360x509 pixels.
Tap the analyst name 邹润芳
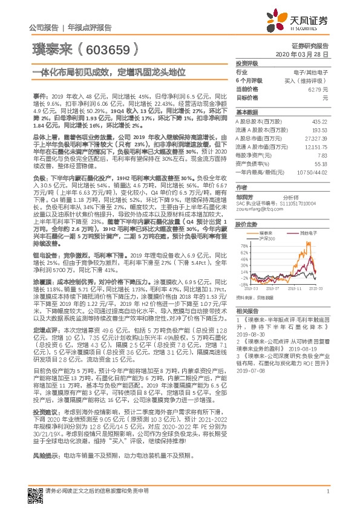244,197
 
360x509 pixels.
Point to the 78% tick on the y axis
244,246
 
